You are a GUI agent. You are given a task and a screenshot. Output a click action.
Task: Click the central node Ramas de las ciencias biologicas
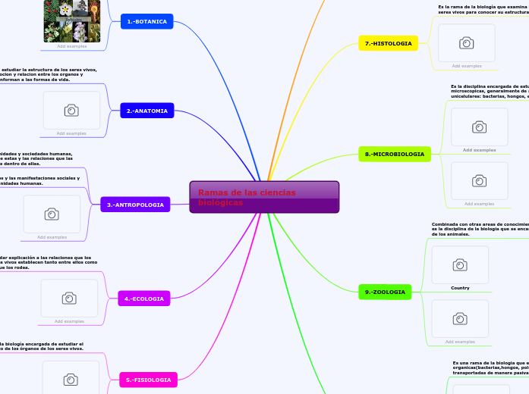[264, 197]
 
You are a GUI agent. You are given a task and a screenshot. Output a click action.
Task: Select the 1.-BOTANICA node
[146, 21]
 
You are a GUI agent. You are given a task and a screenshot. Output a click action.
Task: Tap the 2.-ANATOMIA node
[146, 111]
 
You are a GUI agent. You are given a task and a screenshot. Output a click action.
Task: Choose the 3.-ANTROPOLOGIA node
[135, 205]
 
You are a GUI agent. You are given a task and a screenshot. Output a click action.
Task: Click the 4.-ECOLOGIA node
[144, 299]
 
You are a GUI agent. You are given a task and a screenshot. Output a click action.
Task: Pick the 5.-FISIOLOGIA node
[148, 380]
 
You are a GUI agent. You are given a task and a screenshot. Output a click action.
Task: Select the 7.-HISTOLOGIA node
[388, 43]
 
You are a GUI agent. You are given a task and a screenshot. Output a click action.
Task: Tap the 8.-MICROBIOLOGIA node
[394, 154]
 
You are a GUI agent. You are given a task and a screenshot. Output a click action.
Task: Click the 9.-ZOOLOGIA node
[384, 292]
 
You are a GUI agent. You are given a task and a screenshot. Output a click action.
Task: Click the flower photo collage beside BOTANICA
[71, 21]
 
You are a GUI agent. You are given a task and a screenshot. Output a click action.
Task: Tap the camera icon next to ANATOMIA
[71, 111]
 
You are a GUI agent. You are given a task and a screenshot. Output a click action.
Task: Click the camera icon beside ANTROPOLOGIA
[52, 214]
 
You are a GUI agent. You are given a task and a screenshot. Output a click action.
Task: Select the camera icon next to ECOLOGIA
[69, 299]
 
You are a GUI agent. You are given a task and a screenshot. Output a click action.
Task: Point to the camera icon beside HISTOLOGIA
[467, 43]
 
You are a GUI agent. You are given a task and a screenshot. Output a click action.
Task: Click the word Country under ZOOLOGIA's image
[460, 288]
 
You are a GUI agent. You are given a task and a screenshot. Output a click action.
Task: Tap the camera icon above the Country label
[460, 264]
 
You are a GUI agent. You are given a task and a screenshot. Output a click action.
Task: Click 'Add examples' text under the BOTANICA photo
[72, 46]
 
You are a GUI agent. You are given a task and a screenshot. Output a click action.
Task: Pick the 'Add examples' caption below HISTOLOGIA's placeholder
[467, 66]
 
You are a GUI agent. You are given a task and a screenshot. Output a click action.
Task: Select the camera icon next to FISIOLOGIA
[71, 379]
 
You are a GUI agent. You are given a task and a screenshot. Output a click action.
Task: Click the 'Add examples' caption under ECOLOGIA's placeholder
[69, 321]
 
